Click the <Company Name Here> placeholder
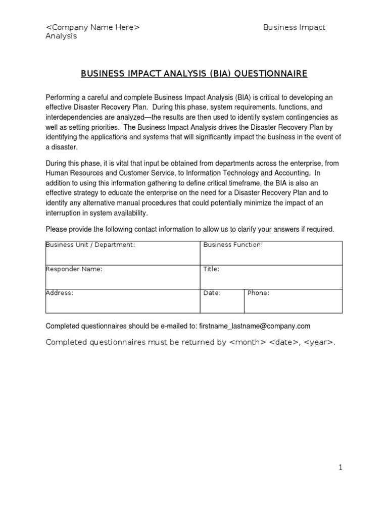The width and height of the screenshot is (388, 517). [x=93, y=27]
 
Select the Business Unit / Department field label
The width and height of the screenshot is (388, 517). [x=90, y=245]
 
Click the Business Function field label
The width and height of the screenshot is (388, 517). [x=233, y=245]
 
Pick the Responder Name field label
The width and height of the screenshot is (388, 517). [x=74, y=269]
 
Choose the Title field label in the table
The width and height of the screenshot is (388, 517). [x=211, y=269]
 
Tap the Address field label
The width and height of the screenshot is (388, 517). [x=60, y=293]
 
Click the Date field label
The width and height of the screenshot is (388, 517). [x=212, y=293]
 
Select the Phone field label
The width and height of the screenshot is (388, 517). [x=258, y=293]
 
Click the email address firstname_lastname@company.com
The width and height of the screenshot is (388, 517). [x=255, y=326]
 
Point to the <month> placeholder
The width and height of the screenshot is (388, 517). [x=248, y=342]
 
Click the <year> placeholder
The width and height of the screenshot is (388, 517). [x=319, y=342]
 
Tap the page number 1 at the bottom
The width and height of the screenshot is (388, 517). [x=341, y=468]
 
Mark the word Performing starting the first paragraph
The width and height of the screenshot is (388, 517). [x=63, y=97]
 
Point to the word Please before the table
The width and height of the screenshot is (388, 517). [x=56, y=229]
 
